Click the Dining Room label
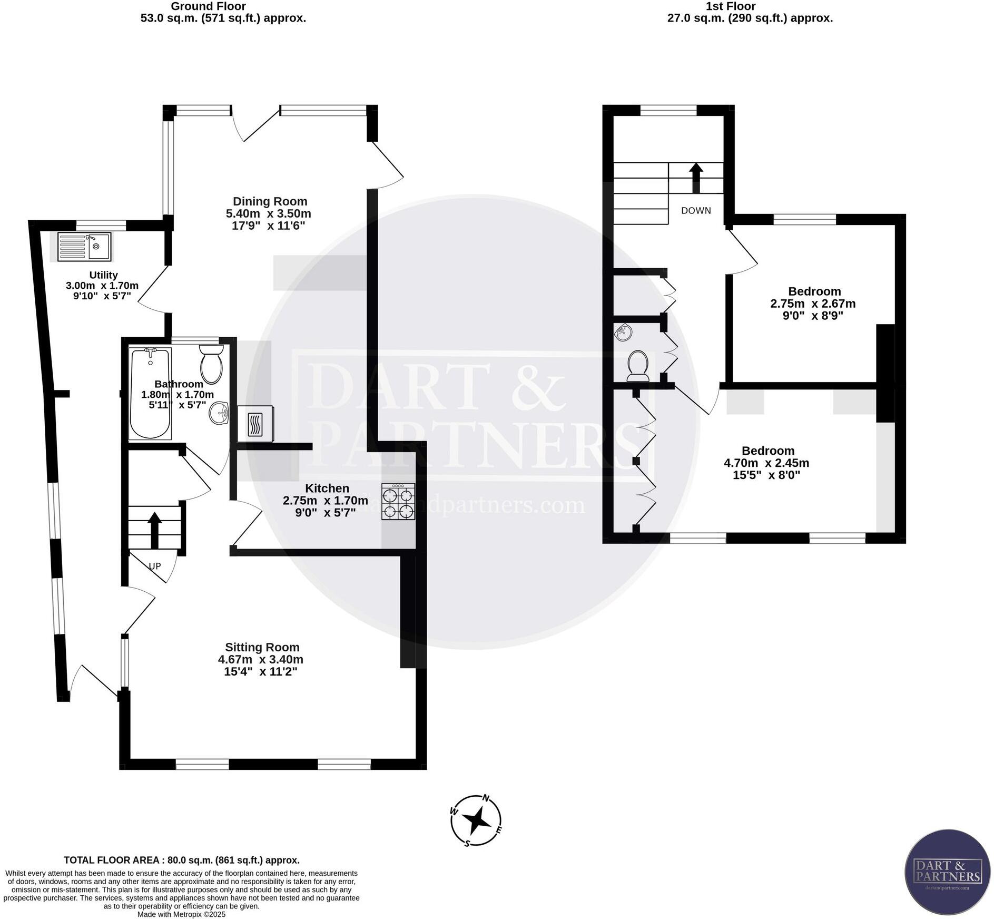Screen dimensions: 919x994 270,201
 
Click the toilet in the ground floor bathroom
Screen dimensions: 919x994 212,364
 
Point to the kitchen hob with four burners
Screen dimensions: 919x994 398,502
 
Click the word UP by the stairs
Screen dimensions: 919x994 154,566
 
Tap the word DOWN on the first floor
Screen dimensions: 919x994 696,211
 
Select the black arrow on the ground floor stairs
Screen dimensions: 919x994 154,530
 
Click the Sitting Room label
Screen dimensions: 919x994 262,647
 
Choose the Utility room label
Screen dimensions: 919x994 103,275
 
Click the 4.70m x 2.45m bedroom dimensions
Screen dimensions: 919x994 766,463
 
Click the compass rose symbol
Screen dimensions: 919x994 476,820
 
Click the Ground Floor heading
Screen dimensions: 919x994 209,6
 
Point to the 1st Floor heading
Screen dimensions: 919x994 737,6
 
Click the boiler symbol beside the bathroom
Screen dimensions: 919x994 255,424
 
